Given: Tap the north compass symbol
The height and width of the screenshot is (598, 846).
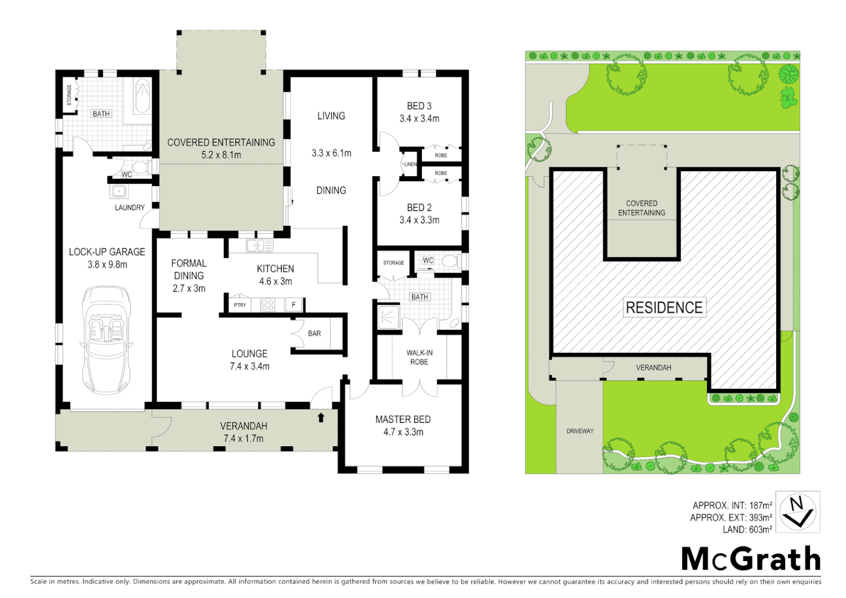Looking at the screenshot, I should pos(797,512).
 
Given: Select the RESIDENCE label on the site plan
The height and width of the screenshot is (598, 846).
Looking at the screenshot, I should pos(664,307).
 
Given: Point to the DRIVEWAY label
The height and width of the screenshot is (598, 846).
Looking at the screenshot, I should pos(580,431).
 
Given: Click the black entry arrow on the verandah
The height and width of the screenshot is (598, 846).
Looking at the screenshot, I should pos(321,417).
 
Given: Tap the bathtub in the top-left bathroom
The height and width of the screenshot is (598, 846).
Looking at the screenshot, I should pos(142,96).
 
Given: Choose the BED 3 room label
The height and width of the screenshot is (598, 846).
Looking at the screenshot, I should pos(419,106).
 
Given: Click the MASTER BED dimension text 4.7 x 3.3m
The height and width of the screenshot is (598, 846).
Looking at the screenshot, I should pos(403,432).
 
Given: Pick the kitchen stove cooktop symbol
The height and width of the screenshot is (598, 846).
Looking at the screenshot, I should pos(267,305).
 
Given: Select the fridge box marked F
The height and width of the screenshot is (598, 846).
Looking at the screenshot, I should pos(293,305).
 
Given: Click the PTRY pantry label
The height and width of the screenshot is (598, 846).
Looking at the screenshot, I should pos(240,305).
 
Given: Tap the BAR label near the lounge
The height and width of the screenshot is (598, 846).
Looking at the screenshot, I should pos(314,333).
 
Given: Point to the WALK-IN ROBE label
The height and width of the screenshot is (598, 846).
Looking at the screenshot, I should pos(419,357).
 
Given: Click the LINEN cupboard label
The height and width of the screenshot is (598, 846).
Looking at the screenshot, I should pos(410,164).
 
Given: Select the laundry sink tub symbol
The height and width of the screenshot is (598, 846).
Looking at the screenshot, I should pos(119,192).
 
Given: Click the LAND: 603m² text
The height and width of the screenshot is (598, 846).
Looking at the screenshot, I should pos(747,530).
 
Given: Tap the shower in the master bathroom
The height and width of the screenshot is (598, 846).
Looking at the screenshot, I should pos(388,316).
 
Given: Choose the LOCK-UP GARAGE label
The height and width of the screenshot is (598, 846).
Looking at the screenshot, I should pos(107,252).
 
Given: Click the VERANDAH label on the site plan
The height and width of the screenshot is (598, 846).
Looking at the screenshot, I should pos(653,368).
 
